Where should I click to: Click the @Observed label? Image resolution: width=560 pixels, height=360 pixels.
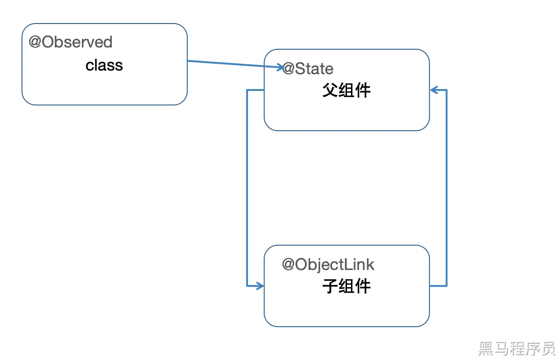point(71,42)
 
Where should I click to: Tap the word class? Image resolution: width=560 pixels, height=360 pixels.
point(104,66)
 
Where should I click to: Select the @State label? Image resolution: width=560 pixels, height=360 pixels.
point(308,69)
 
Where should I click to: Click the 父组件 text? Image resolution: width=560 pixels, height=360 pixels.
point(346,90)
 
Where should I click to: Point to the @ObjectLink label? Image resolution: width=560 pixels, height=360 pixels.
point(328,265)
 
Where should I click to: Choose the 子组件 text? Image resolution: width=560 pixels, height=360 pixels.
point(346,286)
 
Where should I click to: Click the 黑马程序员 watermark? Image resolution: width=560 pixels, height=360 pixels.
point(517,348)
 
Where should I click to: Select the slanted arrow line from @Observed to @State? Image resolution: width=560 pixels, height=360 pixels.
point(231,64)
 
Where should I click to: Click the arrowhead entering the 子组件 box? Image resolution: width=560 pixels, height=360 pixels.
point(260,286)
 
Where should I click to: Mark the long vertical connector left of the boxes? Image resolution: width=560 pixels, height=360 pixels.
point(247,188)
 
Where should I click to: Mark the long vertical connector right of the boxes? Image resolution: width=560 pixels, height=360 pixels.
point(446,188)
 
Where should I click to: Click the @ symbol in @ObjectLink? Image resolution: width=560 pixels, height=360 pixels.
point(289,265)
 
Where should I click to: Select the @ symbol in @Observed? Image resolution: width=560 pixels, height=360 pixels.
point(35,42)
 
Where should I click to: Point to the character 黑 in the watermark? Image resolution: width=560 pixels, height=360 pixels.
point(486,348)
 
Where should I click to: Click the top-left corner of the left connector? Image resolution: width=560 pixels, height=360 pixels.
point(247,90)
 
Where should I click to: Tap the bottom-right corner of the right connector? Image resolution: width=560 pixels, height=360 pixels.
point(446,286)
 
